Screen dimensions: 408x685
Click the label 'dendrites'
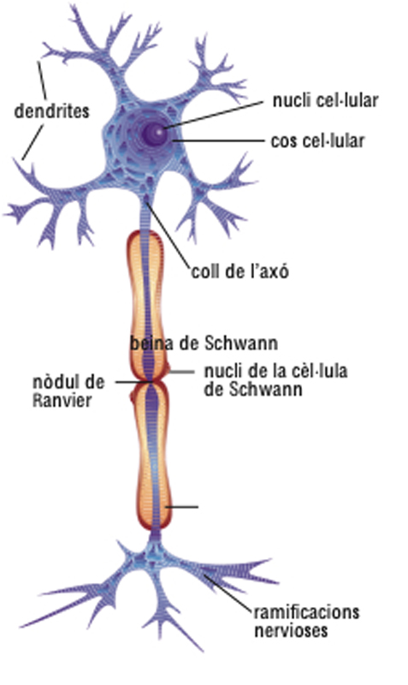tap(51, 111)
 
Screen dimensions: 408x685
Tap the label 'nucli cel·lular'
tap(325, 100)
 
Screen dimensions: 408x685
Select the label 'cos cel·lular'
tap(317, 141)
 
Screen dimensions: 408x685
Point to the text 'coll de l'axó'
tap(240, 271)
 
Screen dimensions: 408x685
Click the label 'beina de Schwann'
tap(204, 343)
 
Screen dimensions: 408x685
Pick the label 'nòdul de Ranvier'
tap(68, 391)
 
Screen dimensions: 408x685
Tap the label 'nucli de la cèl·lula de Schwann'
tap(275, 380)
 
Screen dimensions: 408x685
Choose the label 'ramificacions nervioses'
tap(307, 622)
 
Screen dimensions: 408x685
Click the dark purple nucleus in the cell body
tap(154, 132)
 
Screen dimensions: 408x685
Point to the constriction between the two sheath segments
tap(151, 381)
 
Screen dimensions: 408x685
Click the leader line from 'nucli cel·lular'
tap(214, 115)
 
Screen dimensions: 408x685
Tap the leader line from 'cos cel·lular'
tap(219, 140)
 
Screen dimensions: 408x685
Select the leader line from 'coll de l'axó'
tap(168, 233)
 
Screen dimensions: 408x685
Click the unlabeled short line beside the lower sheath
tap(182, 507)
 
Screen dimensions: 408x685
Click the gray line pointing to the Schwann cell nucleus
tap(181, 372)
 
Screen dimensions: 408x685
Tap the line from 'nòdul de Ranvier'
tap(134, 382)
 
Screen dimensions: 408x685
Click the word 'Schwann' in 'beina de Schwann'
tap(241, 343)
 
